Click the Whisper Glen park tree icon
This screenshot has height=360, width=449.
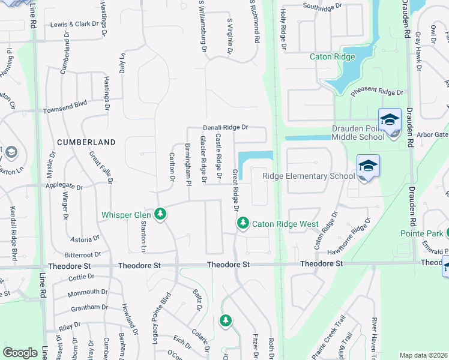160,214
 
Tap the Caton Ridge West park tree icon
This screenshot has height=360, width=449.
243,223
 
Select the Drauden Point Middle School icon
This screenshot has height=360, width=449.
390,119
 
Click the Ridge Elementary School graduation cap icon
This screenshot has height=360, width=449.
368,166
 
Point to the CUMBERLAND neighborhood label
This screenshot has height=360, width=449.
86,142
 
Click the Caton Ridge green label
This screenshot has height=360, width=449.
332,57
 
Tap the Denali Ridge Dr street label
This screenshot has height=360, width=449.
225,128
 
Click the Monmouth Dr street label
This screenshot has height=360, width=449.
88,292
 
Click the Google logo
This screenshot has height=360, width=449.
20,353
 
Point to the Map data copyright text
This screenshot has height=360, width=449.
424,355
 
